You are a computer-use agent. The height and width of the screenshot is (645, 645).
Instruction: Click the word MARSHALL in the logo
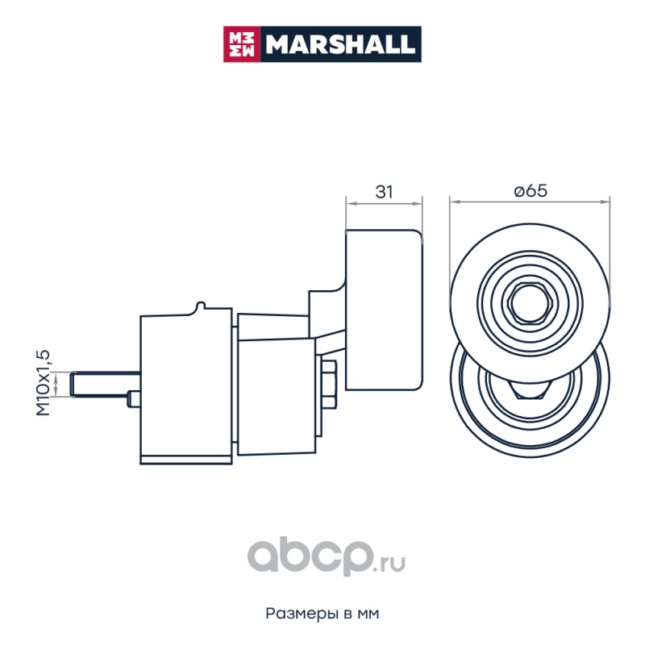tap(339, 44)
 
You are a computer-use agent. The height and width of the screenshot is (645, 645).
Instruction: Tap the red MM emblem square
tap(241, 44)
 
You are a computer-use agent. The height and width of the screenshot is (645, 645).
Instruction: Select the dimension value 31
tap(384, 192)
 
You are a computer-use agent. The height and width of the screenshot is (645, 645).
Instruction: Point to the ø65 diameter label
tap(531, 191)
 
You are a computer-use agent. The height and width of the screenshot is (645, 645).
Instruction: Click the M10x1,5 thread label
tap(44, 382)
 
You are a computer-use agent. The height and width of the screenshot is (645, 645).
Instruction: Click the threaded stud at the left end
tap(105, 384)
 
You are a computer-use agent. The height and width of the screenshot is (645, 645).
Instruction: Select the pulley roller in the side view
tap(384, 310)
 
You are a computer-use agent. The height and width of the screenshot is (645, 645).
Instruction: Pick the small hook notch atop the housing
tap(200, 306)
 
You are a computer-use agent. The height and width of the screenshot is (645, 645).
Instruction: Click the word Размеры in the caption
tap(302, 614)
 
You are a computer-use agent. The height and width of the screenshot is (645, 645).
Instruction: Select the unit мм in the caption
tap(368, 614)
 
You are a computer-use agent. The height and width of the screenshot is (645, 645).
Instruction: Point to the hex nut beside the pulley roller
tap(329, 385)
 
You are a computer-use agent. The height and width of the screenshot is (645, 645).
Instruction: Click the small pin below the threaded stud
tap(134, 398)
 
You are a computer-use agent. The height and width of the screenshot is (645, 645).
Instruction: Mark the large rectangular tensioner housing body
tap(186, 386)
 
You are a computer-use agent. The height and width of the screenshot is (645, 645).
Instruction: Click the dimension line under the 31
tap(384, 203)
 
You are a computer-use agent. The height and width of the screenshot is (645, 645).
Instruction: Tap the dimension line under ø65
tap(530, 202)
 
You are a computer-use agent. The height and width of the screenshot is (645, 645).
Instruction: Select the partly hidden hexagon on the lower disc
tap(530, 390)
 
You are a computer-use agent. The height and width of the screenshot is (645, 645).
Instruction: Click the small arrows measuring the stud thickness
tap(56, 384)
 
